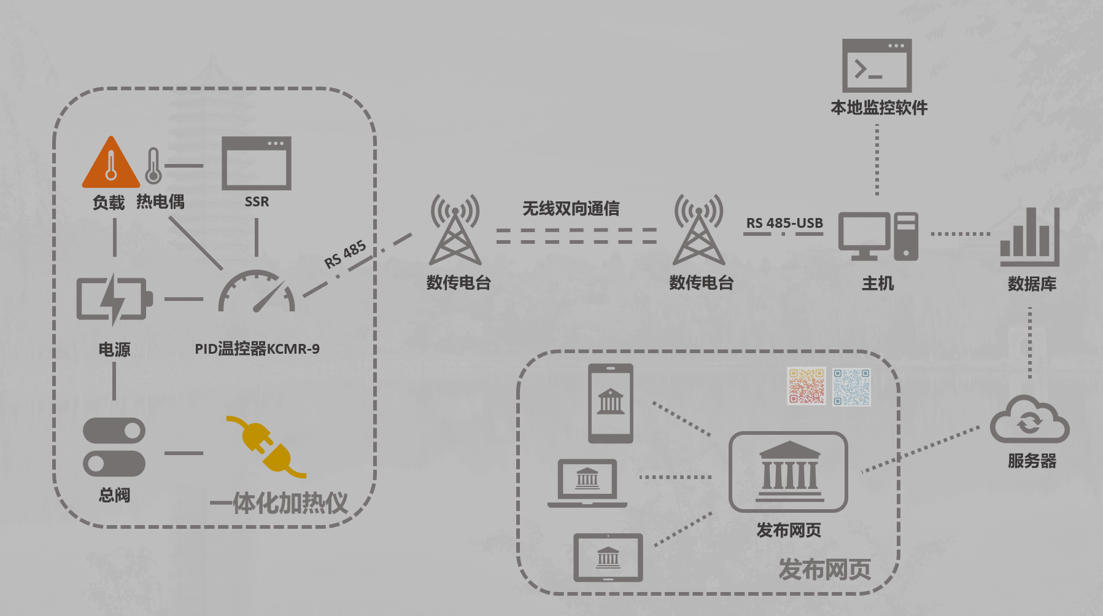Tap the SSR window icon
(256, 163)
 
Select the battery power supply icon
(114, 299)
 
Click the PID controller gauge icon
(257, 293)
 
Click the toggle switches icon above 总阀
(114, 447)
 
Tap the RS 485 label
(345, 254)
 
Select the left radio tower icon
(455, 230)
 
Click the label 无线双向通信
(571, 209)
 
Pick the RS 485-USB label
(784, 223)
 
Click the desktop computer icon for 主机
(878, 236)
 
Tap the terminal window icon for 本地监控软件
(877, 66)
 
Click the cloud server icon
(1029, 420)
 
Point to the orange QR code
(806, 386)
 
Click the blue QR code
(851, 387)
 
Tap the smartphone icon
(610, 403)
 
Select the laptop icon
(587, 483)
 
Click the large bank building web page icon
(788, 472)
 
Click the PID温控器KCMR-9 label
(257, 349)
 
